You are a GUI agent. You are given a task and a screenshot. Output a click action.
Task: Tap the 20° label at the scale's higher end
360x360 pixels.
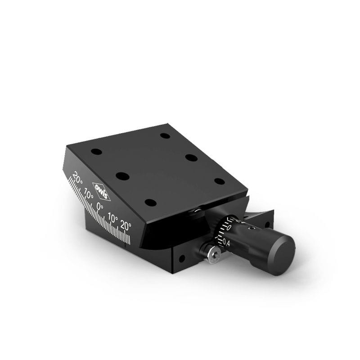point(78,177)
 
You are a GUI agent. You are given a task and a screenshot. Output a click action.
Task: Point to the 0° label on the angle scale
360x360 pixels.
point(100,207)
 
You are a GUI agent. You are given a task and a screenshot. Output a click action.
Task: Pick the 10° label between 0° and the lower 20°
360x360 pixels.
point(113,219)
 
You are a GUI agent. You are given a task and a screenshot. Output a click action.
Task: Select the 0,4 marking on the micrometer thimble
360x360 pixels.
point(226,243)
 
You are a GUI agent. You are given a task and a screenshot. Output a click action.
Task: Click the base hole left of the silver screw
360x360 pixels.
point(181,259)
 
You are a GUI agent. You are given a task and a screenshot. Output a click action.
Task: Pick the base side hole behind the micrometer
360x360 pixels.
point(267,224)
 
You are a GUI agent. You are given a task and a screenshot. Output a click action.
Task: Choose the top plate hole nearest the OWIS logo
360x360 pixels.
point(122,176)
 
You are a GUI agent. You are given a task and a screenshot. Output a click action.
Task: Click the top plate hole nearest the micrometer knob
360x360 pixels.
point(219,181)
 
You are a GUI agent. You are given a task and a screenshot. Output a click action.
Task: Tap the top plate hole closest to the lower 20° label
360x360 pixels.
point(150,202)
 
